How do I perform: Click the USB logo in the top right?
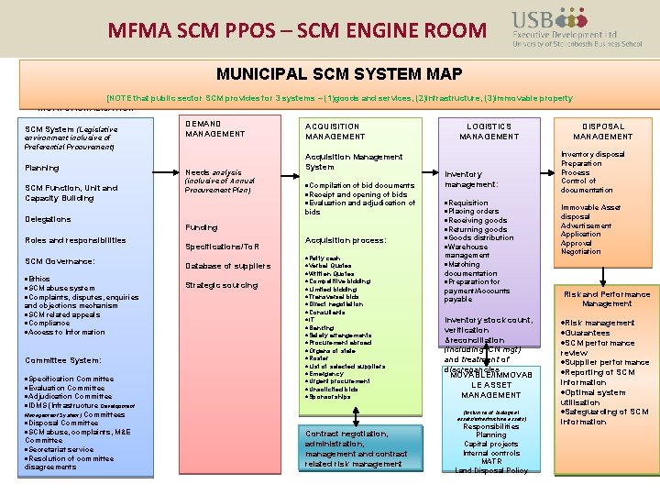point(564,27)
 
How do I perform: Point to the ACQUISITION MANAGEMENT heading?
point(335,131)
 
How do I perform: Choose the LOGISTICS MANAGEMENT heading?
point(489,131)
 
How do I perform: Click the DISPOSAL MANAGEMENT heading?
point(603,131)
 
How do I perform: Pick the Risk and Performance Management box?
point(606,299)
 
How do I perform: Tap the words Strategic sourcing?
point(222,285)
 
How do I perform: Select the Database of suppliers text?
point(228,266)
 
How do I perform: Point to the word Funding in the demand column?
point(202,227)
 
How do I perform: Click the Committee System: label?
point(63,360)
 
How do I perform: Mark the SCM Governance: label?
point(60,261)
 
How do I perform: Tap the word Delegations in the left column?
point(49,219)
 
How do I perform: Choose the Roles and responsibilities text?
point(76,240)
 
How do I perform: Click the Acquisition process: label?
point(346,240)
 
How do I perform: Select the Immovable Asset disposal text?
point(591,212)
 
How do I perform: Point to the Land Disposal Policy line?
point(491,470)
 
